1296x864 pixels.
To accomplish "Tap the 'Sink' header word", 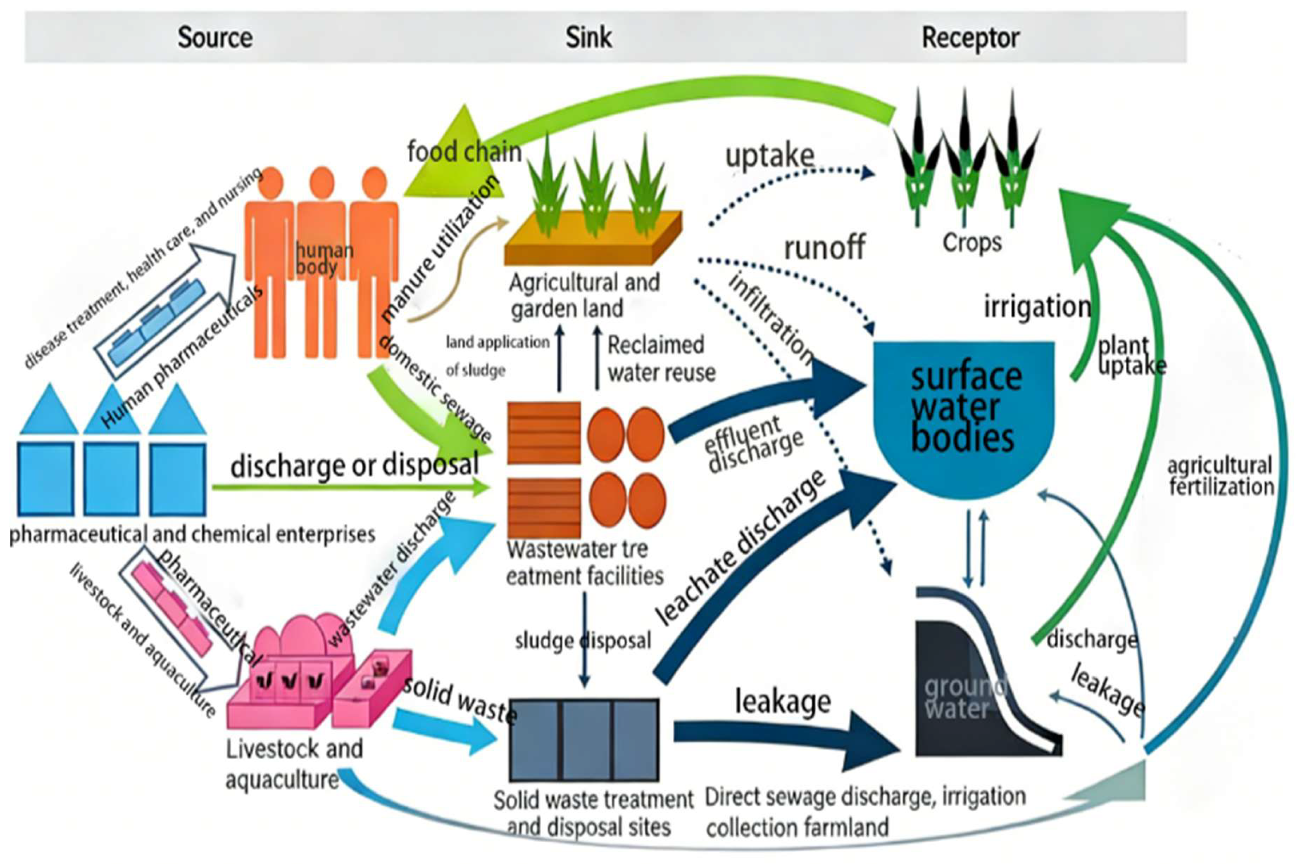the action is [588, 37].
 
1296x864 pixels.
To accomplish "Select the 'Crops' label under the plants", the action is [972, 242].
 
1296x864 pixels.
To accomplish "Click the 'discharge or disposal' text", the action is [355, 466].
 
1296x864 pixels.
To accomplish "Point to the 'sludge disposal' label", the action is [583, 641].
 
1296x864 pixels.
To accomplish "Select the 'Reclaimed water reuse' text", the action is [661, 359].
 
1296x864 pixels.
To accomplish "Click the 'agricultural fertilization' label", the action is [1220, 476].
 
